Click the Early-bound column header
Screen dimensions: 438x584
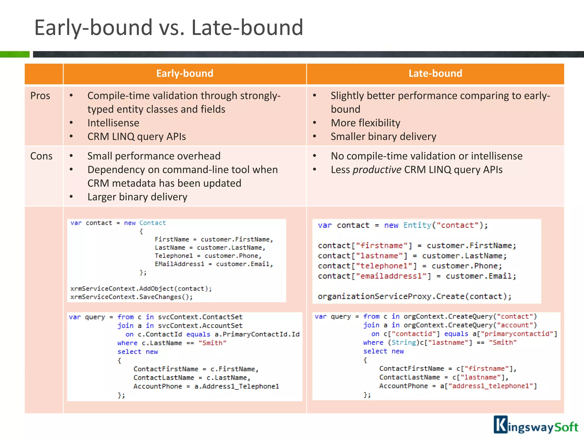[184, 74]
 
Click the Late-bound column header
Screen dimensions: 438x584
[435, 74]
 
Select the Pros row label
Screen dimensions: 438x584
[40, 96]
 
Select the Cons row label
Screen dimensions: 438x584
[41, 156]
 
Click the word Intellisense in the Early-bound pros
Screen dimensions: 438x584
[113, 123]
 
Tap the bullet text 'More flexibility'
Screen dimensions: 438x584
[365, 123]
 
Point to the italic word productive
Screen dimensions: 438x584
[377, 170]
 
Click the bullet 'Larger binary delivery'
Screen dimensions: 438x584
[137, 197]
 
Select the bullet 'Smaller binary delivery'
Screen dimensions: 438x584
[383, 137]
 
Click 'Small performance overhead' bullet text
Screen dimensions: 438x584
[154, 156]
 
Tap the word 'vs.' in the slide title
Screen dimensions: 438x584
[172, 28]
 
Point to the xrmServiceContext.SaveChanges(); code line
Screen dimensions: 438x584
[131, 297]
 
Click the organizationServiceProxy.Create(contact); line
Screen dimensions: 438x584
[414, 297]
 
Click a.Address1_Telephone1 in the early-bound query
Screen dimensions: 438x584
[236, 386]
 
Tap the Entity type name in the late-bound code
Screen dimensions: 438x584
[417, 225]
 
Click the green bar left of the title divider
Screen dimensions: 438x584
[15, 54]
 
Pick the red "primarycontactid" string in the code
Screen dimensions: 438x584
[517, 334]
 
